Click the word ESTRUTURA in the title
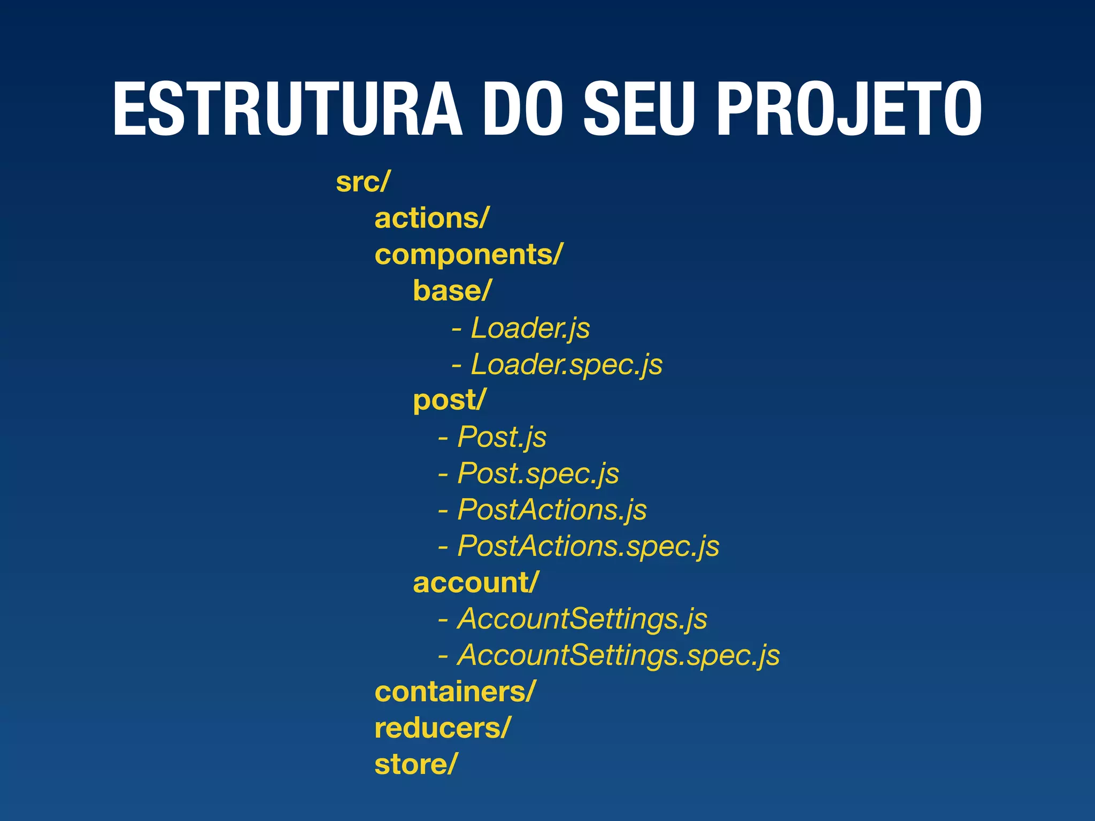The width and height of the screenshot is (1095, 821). tap(287, 110)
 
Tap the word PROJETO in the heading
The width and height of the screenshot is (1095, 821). tap(849, 110)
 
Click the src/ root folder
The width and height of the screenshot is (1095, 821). tap(363, 182)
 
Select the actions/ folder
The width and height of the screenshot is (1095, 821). tap(431, 219)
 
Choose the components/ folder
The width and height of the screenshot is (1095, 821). tap(468, 255)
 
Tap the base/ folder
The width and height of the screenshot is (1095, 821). tap(452, 291)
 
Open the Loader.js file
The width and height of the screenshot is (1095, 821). tap(530, 328)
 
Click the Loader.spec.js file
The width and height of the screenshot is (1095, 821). tap(566, 365)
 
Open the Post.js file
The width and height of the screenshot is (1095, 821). tap(502, 437)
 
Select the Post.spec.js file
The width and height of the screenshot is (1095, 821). tap(538, 474)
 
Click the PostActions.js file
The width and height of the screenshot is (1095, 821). tap(552, 510)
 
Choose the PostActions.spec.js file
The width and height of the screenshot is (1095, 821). tap(588, 546)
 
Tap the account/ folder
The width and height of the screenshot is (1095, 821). tap(476, 583)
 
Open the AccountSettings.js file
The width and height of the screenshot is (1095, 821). tap(582, 619)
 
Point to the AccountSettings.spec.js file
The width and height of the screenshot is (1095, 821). tap(619, 655)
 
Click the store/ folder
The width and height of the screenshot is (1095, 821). tap(416, 764)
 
